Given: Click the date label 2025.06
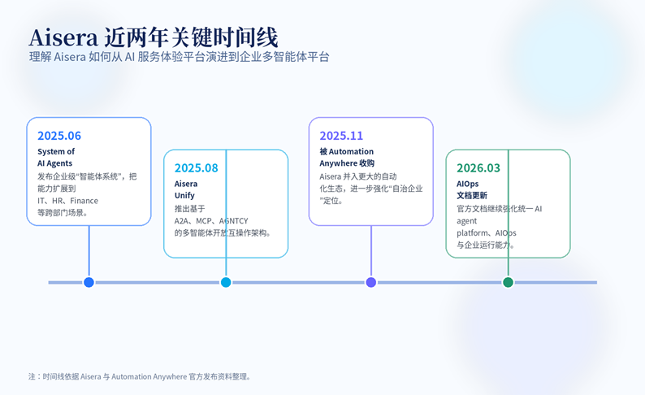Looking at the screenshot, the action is [x=59, y=136].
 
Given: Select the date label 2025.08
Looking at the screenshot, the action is [x=197, y=168].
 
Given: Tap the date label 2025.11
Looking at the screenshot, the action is [x=341, y=136].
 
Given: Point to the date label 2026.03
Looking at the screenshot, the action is [x=478, y=168].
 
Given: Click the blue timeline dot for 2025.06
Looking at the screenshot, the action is [x=89, y=282].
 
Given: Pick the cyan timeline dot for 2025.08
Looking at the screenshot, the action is [x=226, y=282].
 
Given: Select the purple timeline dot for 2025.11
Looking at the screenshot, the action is [x=371, y=282].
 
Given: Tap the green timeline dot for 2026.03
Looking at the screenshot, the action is [x=508, y=282].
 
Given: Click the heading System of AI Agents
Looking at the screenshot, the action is [x=56, y=157].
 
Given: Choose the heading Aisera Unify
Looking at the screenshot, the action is [x=186, y=189].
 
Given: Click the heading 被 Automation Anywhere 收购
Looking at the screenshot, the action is [x=347, y=157].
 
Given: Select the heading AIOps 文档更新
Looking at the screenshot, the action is [x=472, y=189].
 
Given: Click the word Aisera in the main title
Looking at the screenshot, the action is [x=63, y=38].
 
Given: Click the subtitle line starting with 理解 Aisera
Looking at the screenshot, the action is [x=180, y=57].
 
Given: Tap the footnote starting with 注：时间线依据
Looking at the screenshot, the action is [x=140, y=376].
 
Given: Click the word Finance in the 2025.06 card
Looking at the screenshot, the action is [x=84, y=201].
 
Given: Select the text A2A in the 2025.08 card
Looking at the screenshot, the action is [x=181, y=221].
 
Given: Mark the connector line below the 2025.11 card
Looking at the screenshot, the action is [x=371, y=251].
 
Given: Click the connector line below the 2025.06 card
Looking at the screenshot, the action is [x=89, y=251].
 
